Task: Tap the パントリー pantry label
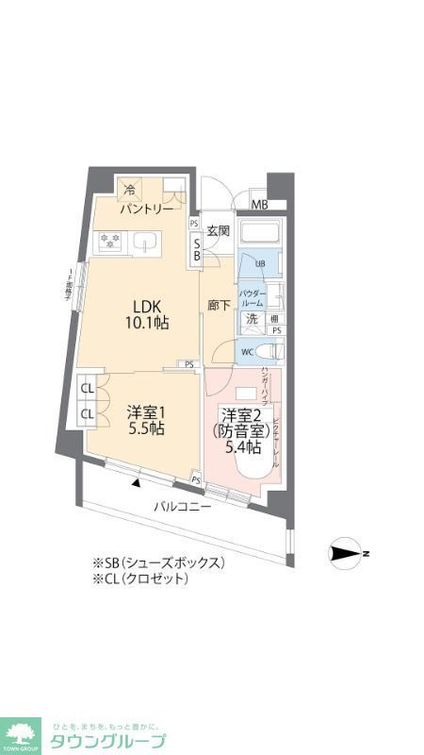[145, 210]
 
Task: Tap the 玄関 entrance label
[219, 230]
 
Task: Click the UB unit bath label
[261, 263]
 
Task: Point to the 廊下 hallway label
[218, 307]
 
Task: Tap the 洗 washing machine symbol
[252, 319]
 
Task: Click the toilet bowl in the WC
[268, 351]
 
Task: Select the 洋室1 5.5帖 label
[146, 420]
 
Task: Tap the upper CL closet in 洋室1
[87, 389]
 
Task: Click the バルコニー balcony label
[183, 507]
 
